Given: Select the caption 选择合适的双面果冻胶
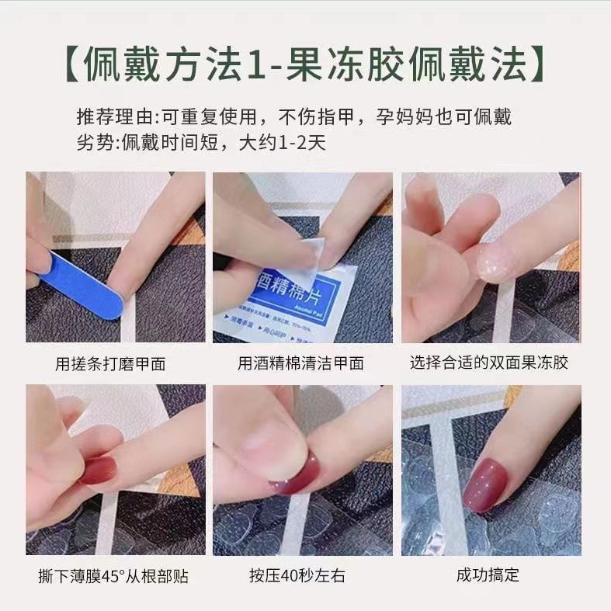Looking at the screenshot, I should (490, 363).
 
